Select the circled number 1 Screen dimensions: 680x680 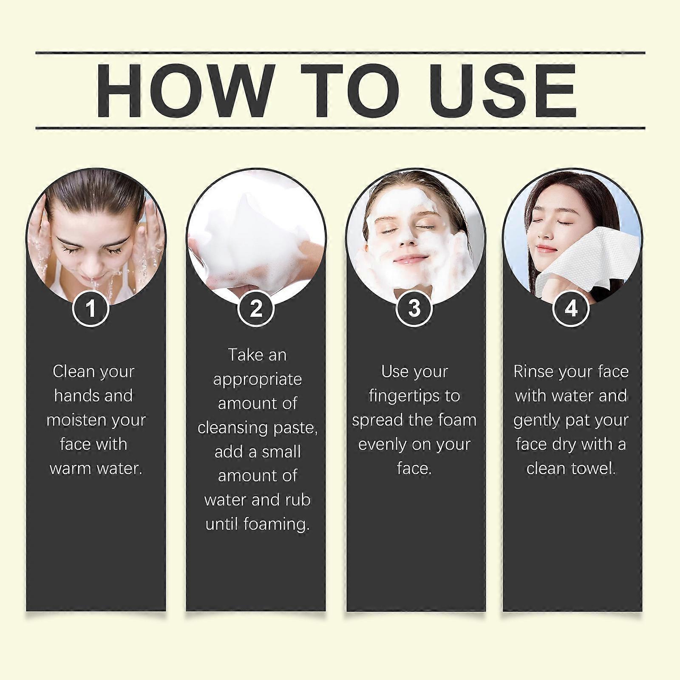tap(91, 308)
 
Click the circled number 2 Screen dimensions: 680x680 tap(256, 308)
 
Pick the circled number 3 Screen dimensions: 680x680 tap(414, 308)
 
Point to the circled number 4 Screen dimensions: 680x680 tap(571, 308)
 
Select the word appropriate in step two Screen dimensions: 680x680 tap(258, 380)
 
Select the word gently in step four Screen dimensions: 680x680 tap(536, 421)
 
